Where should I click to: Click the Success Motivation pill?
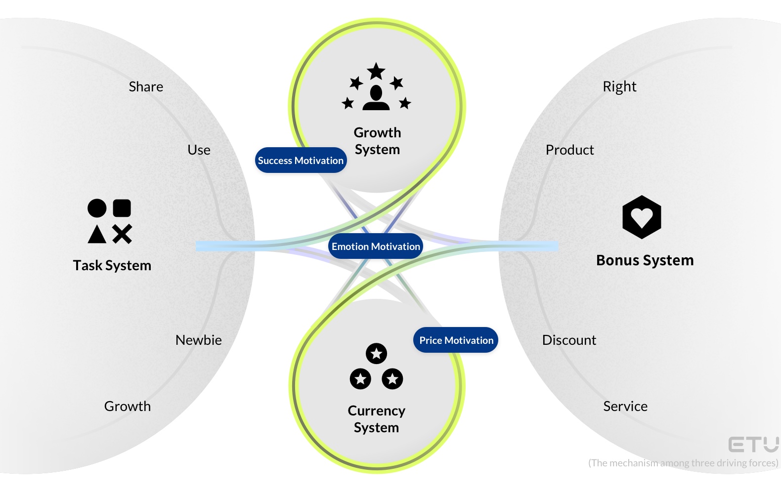301,161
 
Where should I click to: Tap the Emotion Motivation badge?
376,247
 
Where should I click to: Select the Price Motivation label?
456,340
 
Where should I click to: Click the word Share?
146,87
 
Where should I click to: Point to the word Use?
199,150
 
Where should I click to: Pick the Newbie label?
198,340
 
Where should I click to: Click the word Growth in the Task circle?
128,407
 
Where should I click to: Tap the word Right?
619,87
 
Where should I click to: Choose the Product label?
569,150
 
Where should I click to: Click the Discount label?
569,340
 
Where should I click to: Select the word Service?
625,407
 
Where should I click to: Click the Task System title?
112,266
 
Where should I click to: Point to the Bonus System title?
645,260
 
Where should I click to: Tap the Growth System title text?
377,141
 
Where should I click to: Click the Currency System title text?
376,419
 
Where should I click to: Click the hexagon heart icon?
642,217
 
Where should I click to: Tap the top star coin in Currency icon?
376,354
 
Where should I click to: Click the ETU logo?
753,445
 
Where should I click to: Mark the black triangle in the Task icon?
97,235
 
